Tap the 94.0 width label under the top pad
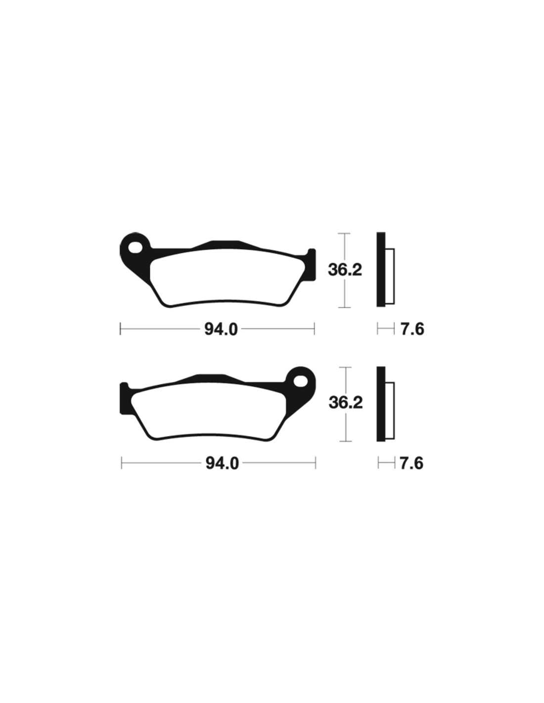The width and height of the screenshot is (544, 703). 221,330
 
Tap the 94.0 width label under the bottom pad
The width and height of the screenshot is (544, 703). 222,464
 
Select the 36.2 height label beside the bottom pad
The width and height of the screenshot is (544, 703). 346,403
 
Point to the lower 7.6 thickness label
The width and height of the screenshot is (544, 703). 411,464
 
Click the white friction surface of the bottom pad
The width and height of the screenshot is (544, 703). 208,411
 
